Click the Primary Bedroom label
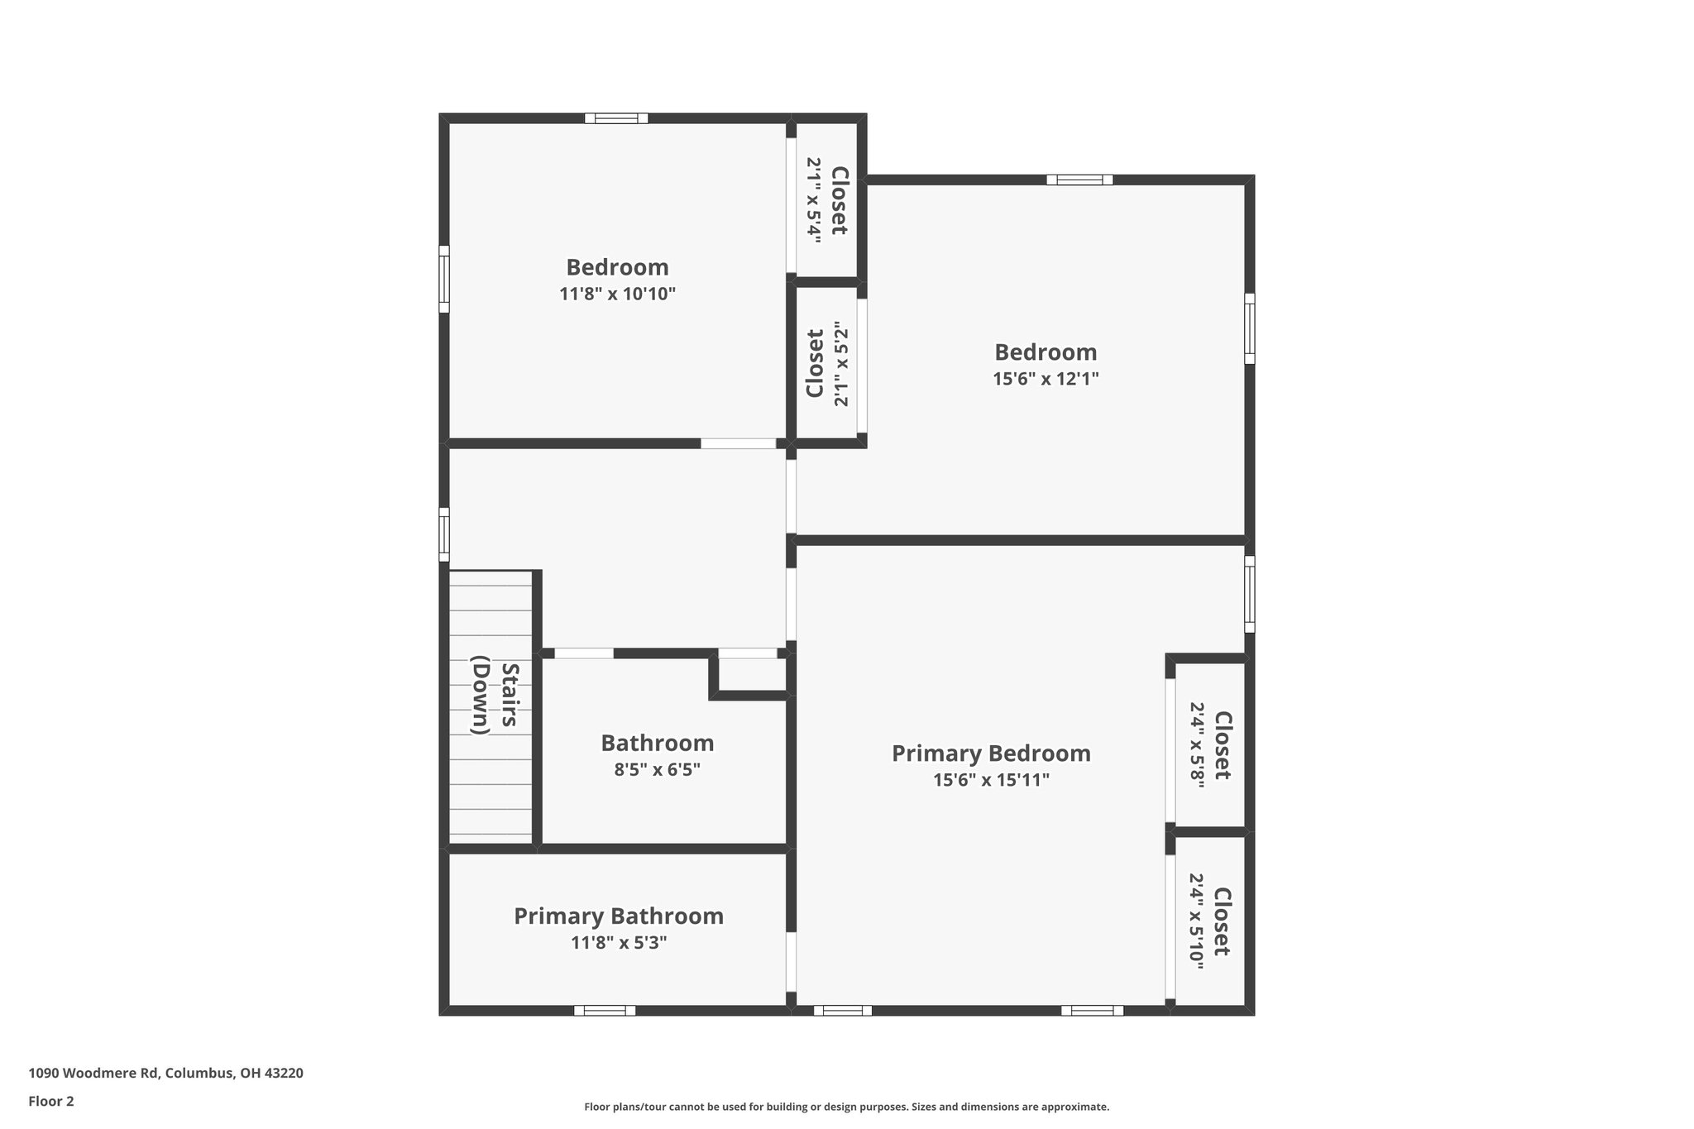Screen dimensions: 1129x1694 991,753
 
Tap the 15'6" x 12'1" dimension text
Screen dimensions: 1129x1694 1046,379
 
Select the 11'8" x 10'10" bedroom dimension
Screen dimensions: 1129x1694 617,294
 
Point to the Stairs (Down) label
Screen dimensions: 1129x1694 495,695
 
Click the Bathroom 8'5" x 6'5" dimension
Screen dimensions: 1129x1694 657,769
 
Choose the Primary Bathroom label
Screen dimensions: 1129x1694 619,916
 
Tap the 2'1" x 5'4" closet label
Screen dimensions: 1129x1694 826,200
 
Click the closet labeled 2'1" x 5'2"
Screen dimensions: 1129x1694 827,364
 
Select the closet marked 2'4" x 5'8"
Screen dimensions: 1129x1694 1210,745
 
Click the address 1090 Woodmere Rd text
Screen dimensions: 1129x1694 165,1074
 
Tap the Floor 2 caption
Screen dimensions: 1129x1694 51,1101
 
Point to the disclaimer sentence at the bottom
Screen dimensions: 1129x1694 846,1107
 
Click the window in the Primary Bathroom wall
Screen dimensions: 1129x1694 605,1010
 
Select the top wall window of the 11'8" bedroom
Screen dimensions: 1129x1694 616,118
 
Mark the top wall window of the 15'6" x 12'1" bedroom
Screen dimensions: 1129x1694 1079,179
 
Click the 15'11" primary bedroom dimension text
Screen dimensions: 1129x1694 991,779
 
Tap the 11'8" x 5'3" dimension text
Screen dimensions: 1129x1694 619,942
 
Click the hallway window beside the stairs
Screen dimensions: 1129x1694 444,534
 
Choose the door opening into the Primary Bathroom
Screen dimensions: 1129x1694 791,961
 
